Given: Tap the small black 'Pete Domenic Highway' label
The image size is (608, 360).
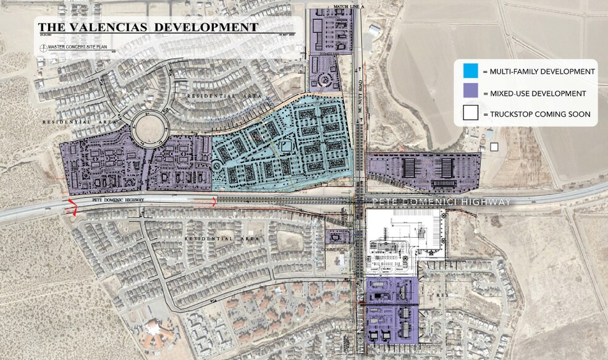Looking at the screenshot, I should pyautogui.click(x=117, y=200).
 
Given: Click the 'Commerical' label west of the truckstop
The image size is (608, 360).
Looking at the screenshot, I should pyautogui.click(x=336, y=249).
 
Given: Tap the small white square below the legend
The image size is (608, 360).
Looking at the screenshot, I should pyautogui.click(x=493, y=148).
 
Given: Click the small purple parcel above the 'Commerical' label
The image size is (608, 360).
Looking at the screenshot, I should pyautogui.click(x=337, y=237).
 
